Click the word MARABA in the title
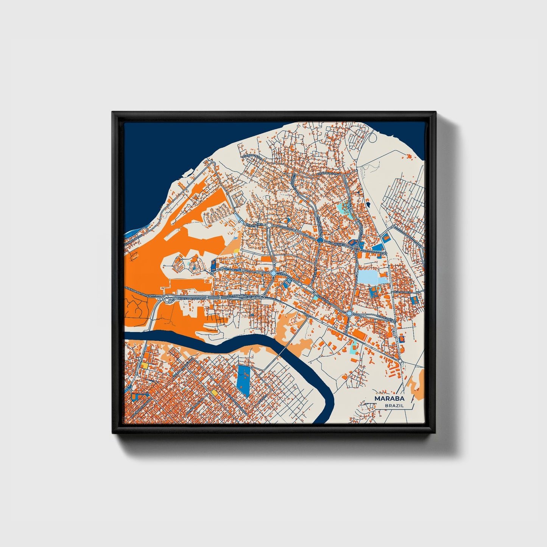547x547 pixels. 389,399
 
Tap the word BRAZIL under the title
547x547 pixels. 394,405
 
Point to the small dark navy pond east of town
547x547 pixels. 367,204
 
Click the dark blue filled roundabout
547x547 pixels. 320,240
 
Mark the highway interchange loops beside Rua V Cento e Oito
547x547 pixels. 165,299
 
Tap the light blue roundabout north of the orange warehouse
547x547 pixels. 349,314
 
